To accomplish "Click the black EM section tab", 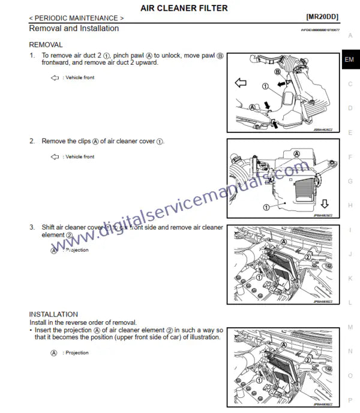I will coord(349,60).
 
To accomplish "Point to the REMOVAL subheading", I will coord(46,45).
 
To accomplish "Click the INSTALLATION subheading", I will coord(53,314).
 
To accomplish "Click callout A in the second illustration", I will coord(296,153).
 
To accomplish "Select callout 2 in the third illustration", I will coord(307,257).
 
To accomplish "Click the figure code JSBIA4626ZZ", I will coord(325,128).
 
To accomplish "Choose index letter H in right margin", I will coord(350,206).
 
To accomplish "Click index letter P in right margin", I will coord(350,400).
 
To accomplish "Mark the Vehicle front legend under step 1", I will coord(73,78).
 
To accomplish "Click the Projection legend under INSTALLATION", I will coord(71,353).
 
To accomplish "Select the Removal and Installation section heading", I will coord(74,29).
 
